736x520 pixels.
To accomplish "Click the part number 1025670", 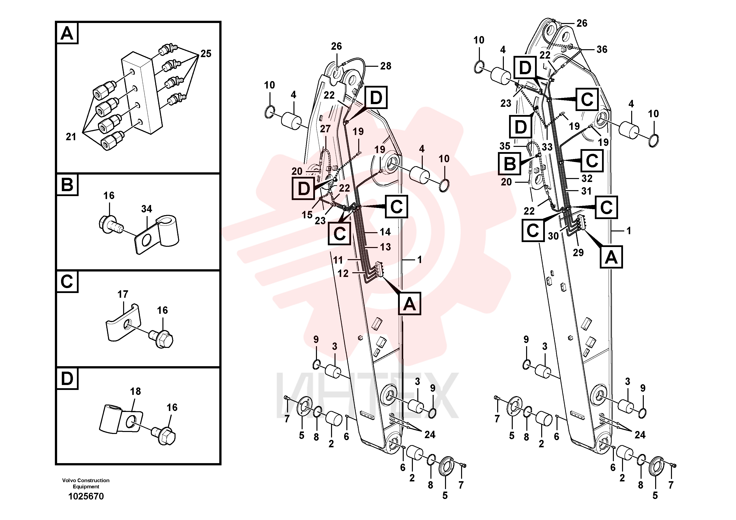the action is pyautogui.click(x=86, y=496).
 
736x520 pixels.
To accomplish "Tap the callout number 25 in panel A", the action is pyautogui.click(x=206, y=54).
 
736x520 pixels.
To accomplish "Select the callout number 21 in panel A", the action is pyautogui.click(x=71, y=137).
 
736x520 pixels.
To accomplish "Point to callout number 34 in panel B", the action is pyautogui.click(x=147, y=209).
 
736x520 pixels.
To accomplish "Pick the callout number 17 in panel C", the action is pyautogui.click(x=123, y=294).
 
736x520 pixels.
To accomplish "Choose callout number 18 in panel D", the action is pyautogui.click(x=135, y=391).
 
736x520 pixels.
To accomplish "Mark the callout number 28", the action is pyautogui.click(x=386, y=66).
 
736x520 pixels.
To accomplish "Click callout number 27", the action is pyautogui.click(x=325, y=129).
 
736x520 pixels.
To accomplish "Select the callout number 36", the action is pyautogui.click(x=602, y=49).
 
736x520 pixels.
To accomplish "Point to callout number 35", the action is pyautogui.click(x=505, y=146).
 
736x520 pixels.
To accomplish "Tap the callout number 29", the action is pyautogui.click(x=578, y=253).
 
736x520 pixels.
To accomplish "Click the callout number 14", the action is pyautogui.click(x=385, y=232).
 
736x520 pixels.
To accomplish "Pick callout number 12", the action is pyautogui.click(x=343, y=273).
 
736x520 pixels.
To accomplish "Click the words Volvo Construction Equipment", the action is pyautogui.click(x=86, y=483).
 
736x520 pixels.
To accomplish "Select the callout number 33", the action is pyautogui.click(x=547, y=147).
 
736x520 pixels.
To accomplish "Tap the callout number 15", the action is pyautogui.click(x=307, y=215).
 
